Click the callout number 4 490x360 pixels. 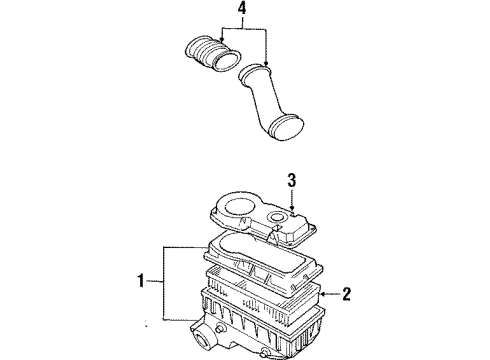pyautogui.click(x=242, y=9)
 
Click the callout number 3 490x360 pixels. pyautogui.click(x=292, y=180)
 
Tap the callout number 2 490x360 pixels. pyautogui.click(x=347, y=294)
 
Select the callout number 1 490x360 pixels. pyautogui.click(x=141, y=281)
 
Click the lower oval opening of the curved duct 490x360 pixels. pyautogui.click(x=287, y=129)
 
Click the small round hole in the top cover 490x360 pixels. pyautogui.click(x=277, y=217)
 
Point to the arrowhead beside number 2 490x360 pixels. pyautogui.click(x=325, y=294)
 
